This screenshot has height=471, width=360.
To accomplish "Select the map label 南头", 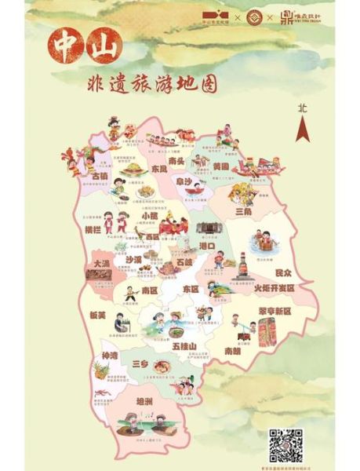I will (x=177, y=161).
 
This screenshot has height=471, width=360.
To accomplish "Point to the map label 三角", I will (x=244, y=211).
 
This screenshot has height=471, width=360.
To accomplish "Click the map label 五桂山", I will (x=182, y=345).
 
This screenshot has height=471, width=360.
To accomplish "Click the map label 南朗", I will (x=232, y=351).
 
